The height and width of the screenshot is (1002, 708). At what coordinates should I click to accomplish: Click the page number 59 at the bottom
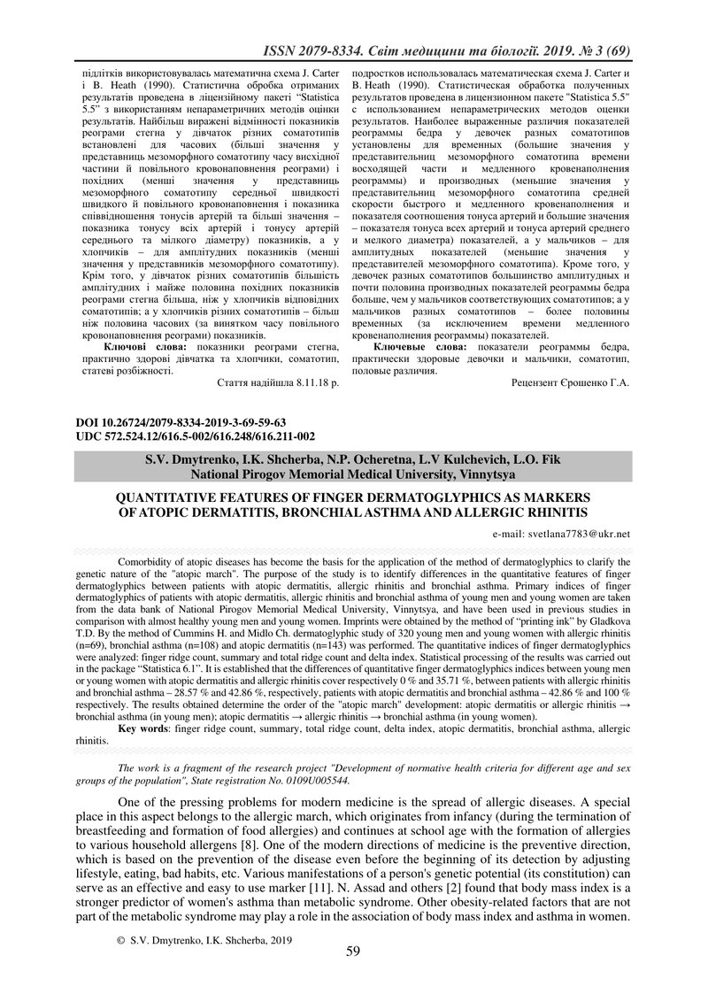pos(353,952)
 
